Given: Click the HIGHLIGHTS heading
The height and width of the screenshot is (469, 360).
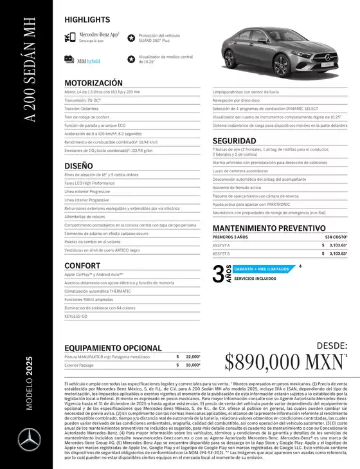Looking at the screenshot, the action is pos(87,20).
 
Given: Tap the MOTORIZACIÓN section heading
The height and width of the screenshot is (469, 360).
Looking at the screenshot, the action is pos(93,83).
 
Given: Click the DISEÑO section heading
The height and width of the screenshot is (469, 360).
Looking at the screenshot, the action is pos(79,165).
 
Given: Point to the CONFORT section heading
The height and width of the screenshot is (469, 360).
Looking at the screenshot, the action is pos(82,265).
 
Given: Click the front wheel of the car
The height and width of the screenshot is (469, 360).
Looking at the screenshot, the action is pos(282,66).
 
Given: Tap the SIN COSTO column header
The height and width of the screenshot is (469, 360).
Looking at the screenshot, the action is pos(335,237).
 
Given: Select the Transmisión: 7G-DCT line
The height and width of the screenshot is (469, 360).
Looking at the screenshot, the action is pos(85,100).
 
